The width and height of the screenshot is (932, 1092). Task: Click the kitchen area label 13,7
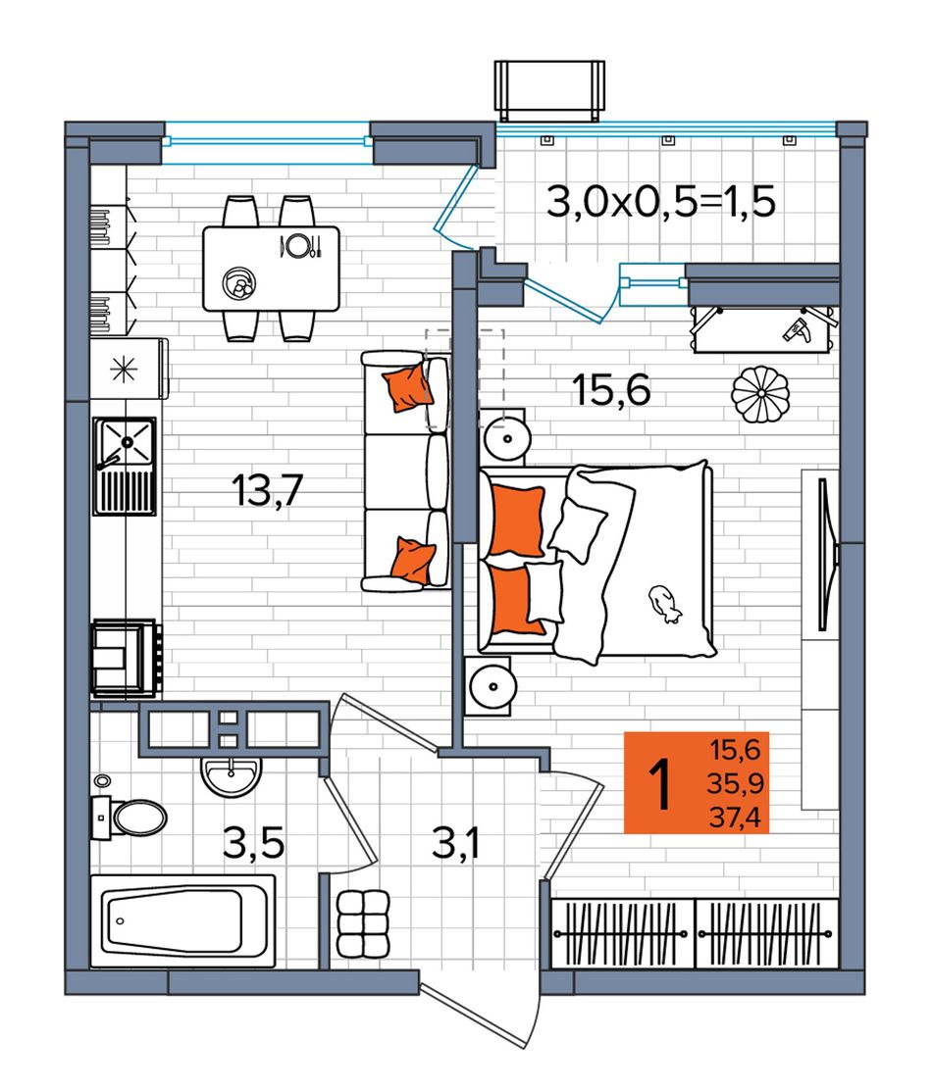(x=268, y=490)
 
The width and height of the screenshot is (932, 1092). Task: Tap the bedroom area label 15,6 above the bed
(x=611, y=389)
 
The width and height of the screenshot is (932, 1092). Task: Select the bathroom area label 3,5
(x=254, y=843)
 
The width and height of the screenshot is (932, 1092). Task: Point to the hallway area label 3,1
(x=456, y=843)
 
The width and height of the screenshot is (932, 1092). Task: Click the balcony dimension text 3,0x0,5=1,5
(x=661, y=202)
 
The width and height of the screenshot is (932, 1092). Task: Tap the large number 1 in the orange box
(x=659, y=784)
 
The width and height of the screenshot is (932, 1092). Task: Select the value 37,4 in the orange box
(x=736, y=817)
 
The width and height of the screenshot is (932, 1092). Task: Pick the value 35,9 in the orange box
(x=736, y=783)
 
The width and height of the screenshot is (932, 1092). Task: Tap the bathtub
(x=182, y=920)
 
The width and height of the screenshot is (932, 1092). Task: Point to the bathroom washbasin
(x=232, y=775)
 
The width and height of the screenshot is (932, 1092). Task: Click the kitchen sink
(x=125, y=466)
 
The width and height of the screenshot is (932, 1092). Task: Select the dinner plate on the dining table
(x=299, y=245)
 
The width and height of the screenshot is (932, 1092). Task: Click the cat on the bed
(x=663, y=603)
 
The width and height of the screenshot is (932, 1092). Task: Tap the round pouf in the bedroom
(x=761, y=394)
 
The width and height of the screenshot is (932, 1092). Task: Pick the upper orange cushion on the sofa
(x=406, y=386)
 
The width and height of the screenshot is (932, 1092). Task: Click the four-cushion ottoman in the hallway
(x=362, y=923)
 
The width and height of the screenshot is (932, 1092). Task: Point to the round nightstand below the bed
(x=492, y=686)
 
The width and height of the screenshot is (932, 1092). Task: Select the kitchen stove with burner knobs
(x=127, y=658)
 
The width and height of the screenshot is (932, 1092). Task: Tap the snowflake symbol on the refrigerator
(x=124, y=370)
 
